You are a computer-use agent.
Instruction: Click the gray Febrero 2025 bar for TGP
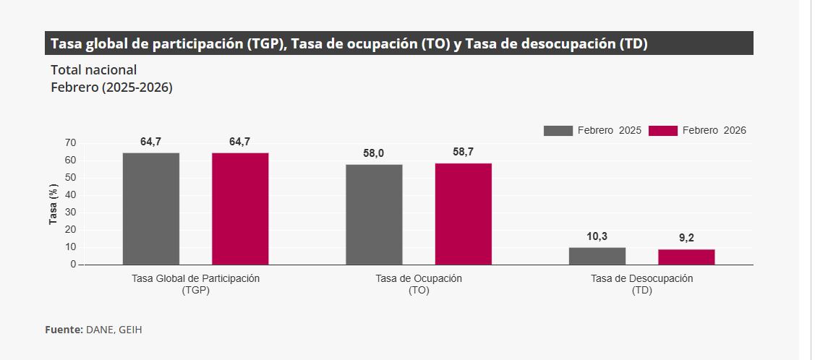(x=151, y=209)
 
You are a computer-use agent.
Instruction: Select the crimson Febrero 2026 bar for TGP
(x=240, y=209)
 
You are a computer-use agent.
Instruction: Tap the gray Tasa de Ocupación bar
(x=374, y=215)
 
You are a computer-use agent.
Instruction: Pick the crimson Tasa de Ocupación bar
(x=464, y=214)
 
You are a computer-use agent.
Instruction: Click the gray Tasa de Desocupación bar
(x=597, y=256)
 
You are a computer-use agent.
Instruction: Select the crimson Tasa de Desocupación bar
(x=686, y=257)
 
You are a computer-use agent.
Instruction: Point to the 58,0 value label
(x=374, y=153)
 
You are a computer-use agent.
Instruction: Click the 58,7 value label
(x=464, y=152)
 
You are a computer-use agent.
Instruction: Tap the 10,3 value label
(x=597, y=236)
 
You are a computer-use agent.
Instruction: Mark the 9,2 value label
(x=686, y=238)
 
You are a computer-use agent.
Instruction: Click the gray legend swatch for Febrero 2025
(x=558, y=131)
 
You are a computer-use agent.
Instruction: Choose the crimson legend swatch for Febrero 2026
(x=662, y=131)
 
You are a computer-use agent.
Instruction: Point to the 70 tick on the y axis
(x=70, y=143)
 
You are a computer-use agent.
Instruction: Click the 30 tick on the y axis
(x=70, y=213)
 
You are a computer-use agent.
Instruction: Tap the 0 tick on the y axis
(x=73, y=265)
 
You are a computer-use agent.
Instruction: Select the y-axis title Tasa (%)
(x=53, y=205)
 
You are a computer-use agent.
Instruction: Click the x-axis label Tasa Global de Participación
(x=195, y=278)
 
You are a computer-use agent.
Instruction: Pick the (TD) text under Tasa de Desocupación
(x=641, y=291)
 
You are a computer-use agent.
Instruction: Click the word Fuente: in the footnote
(x=64, y=330)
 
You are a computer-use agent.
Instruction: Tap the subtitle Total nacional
(x=93, y=70)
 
